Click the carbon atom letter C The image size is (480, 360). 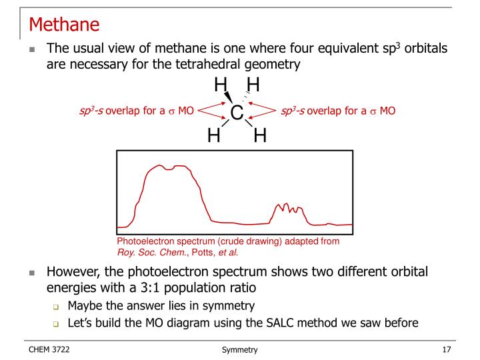coord(236,113)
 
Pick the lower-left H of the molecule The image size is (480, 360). coord(214,136)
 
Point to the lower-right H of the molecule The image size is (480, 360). coord(259,136)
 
